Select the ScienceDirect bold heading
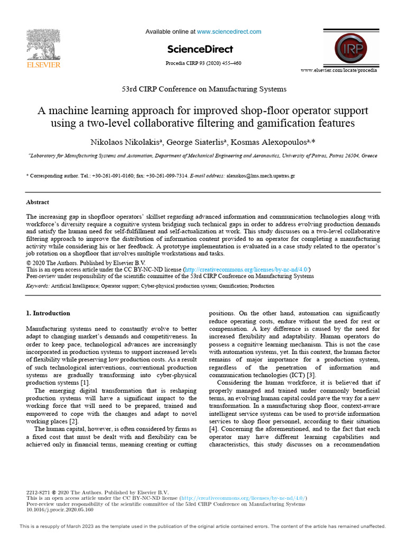tap(200, 49)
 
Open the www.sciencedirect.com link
tap(229, 32)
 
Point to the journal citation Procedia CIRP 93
tap(203, 63)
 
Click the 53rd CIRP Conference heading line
tap(203, 89)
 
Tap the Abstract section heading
tap(38, 202)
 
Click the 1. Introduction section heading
tap(48, 313)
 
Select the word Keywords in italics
tap(38, 286)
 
